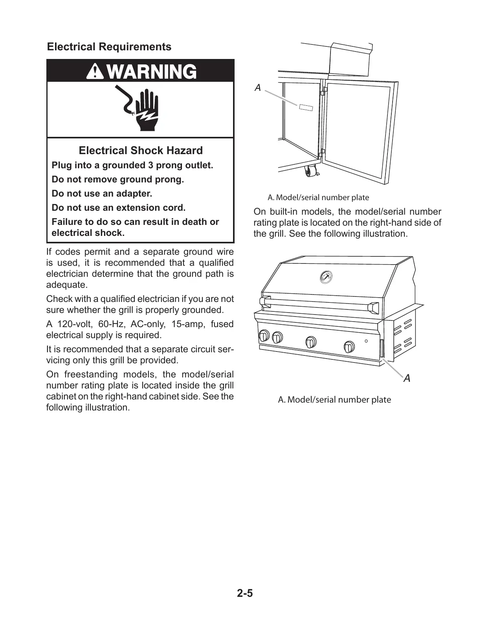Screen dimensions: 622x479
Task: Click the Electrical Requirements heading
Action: click(109, 47)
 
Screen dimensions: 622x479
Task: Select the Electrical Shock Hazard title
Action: click(141, 151)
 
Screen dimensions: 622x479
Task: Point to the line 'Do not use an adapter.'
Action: click(102, 193)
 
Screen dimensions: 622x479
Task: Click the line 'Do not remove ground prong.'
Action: click(118, 179)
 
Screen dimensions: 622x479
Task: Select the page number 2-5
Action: click(245, 593)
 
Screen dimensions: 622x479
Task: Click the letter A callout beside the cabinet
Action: click(258, 88)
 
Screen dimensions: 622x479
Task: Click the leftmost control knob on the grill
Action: click(264, 336)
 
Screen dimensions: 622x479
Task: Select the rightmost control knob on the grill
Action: click(349, 346)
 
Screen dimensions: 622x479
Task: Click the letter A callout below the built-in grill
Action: click(407, 378)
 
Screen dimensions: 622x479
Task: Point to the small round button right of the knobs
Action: click(366, 341)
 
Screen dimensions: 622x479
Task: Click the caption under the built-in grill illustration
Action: click(334, 400)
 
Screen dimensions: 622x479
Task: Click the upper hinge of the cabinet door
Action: click(324, 91)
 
